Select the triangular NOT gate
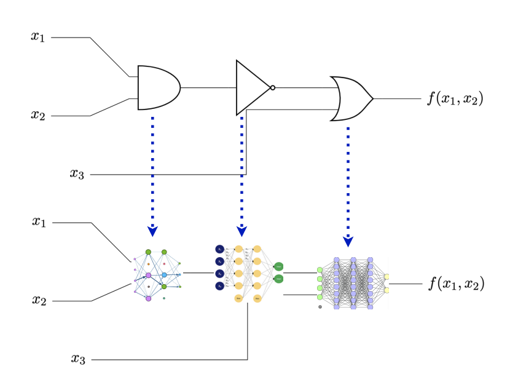tap(251, 87)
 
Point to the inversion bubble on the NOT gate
tap(272, 87)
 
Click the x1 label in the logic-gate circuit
tap(38, 36)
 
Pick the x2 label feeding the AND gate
tap(38, 114)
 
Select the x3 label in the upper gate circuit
tap(76, 173)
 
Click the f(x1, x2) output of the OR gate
tap(455, 98)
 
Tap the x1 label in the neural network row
tap(39, 221)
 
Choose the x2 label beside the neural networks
tap(39, 300)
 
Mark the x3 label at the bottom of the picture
tap(77, 359)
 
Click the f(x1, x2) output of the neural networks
tap(455, 284)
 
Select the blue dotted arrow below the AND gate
tap(152, 175)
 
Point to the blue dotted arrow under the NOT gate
tap(241, 175)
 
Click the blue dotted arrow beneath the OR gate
tap(348, 185)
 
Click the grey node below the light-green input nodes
tap(320, 306)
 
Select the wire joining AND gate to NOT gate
tap(208, 87)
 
